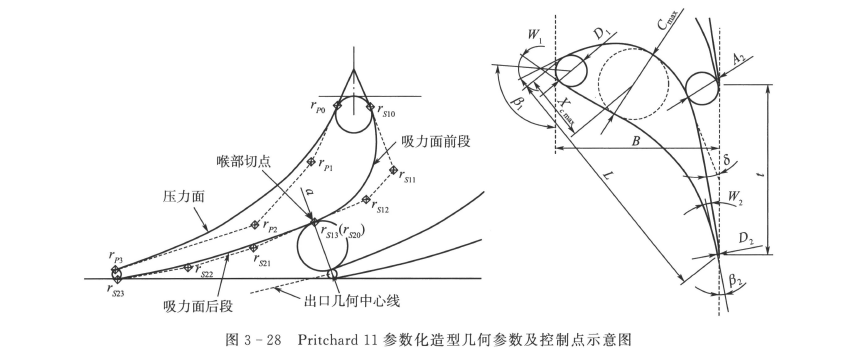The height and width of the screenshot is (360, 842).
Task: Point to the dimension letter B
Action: tap(636, 141)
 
